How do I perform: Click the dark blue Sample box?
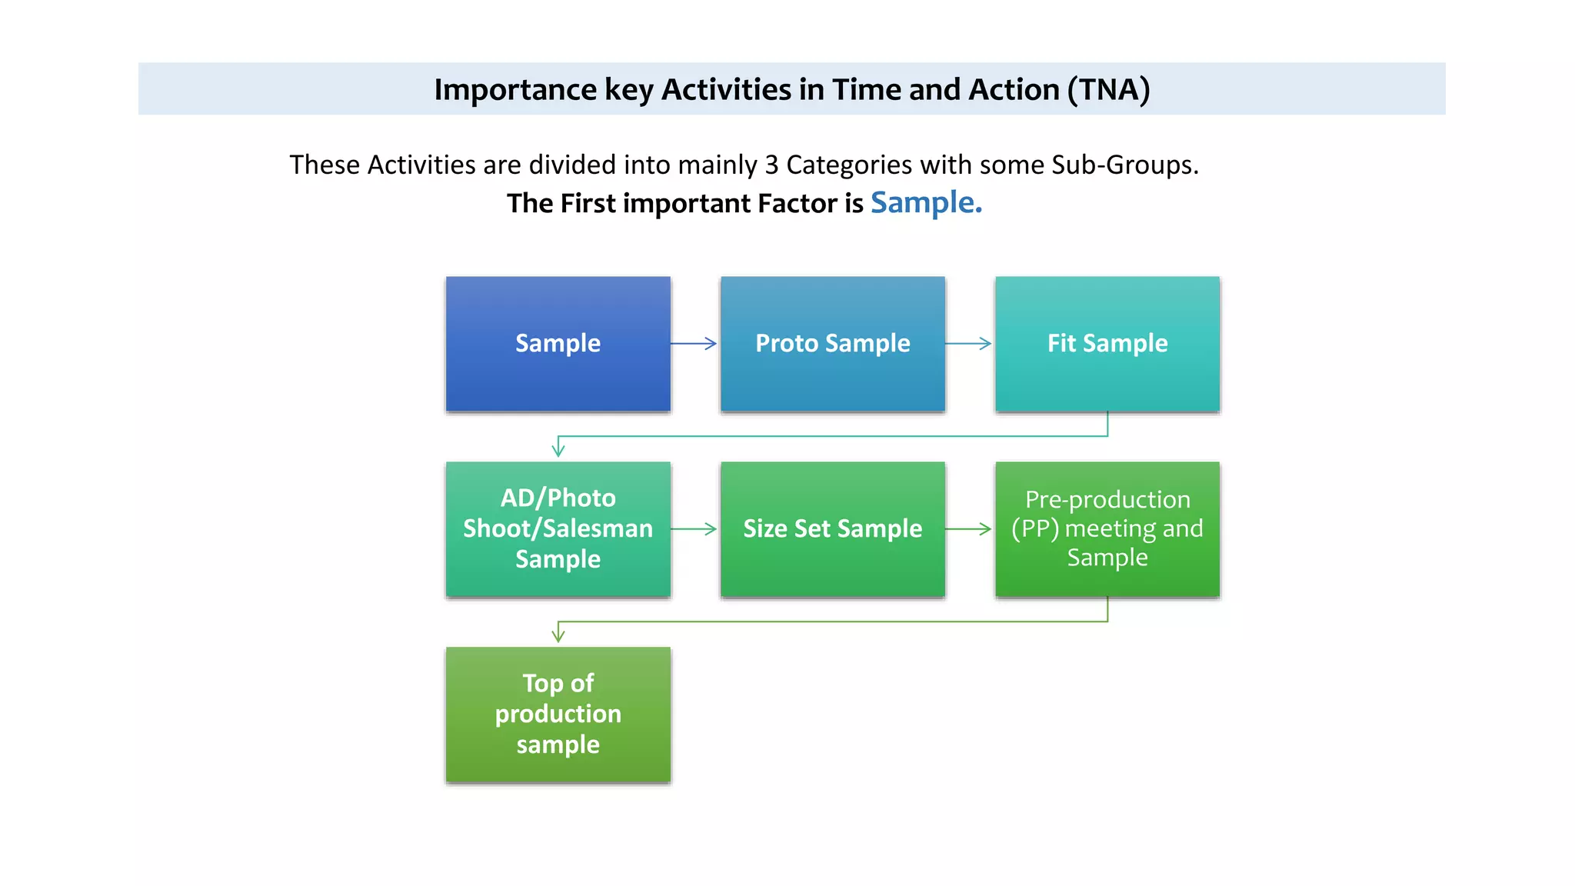[x=558, y=344]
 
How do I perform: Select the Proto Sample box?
[x=832, y=344]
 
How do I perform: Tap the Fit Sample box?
[x=1107, y=344]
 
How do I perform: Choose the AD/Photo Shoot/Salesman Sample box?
[x=558, y=529]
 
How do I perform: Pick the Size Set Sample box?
[x=832, y=529]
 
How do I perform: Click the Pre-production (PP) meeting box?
[x=1107, y=529]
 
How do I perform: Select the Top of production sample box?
[x=558, y=714]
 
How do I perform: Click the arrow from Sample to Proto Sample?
[x=694, y=344]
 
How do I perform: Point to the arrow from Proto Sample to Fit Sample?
[x=969, y=344]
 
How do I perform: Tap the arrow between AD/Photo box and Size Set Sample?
[x=694, y=529]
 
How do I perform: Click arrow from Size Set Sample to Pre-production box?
[x=969, y=529]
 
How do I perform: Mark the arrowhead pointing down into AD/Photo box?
[x=558, y=450]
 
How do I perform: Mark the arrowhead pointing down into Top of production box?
[x=558, y=635]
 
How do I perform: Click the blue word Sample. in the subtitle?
[x=926, y=203]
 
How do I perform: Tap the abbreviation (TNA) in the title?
[x=1108, y=90]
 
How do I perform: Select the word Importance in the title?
[x=515, y=90]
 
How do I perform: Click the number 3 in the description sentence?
[x=771, y=165]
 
